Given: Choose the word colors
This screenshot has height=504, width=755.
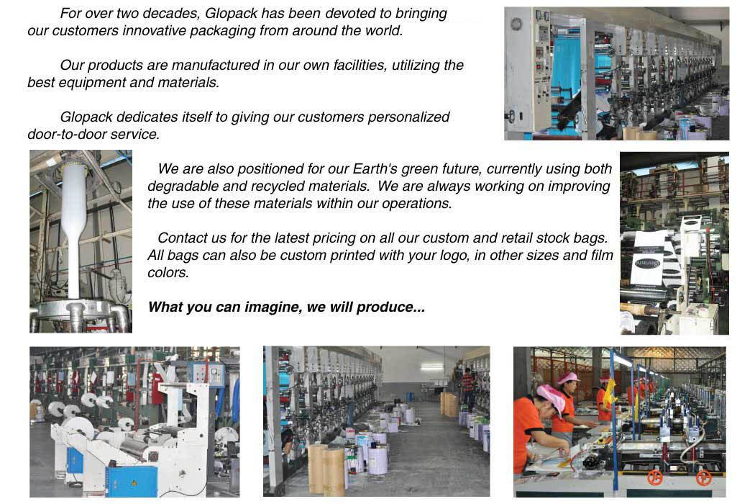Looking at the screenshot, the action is click(x=168, y=273).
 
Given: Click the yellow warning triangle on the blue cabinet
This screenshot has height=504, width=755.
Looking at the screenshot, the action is click(x=134, y=482).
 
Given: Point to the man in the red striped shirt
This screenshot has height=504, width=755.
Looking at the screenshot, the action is click(x=467, y=386).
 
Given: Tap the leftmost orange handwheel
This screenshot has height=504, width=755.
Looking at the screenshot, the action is click(x=655, y=477).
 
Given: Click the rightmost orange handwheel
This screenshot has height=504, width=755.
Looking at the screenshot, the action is click(x=704, y=478).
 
